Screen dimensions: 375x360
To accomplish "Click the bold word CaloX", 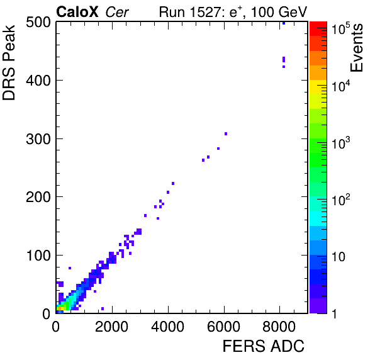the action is [x=77, y=12].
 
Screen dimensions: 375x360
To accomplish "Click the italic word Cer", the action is [x=117, y=12].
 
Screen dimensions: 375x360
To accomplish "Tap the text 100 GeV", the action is [x=279, y=12].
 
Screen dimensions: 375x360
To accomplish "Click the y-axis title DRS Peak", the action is [x=9, y=63].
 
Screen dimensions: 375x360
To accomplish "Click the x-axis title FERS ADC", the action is [x=264, y=346].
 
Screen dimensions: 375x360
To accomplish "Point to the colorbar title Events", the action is [x=356, y=48].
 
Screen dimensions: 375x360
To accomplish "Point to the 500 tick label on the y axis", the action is [x=38, y=23].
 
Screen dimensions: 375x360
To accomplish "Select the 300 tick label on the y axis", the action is [x=38, y=138].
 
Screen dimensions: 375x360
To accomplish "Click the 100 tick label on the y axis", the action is [x=39, y=256].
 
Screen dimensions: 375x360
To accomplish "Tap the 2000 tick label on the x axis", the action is [x=111, y=327].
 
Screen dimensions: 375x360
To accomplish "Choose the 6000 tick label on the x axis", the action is [x=223, y=327].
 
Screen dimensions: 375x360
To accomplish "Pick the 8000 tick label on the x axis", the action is [x=279, y=327].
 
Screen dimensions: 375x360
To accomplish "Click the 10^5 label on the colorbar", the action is [x=341, y=28].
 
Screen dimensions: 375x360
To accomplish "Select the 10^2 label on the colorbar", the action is [x=341, y=200].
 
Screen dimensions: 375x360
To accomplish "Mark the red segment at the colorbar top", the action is [x=318, y=29].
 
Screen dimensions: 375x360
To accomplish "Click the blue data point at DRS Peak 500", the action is [x=284, y=23].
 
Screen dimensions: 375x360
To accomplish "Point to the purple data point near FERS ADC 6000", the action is [x=226, y=133].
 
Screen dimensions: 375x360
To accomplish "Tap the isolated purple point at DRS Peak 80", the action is [x=70, y=268].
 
